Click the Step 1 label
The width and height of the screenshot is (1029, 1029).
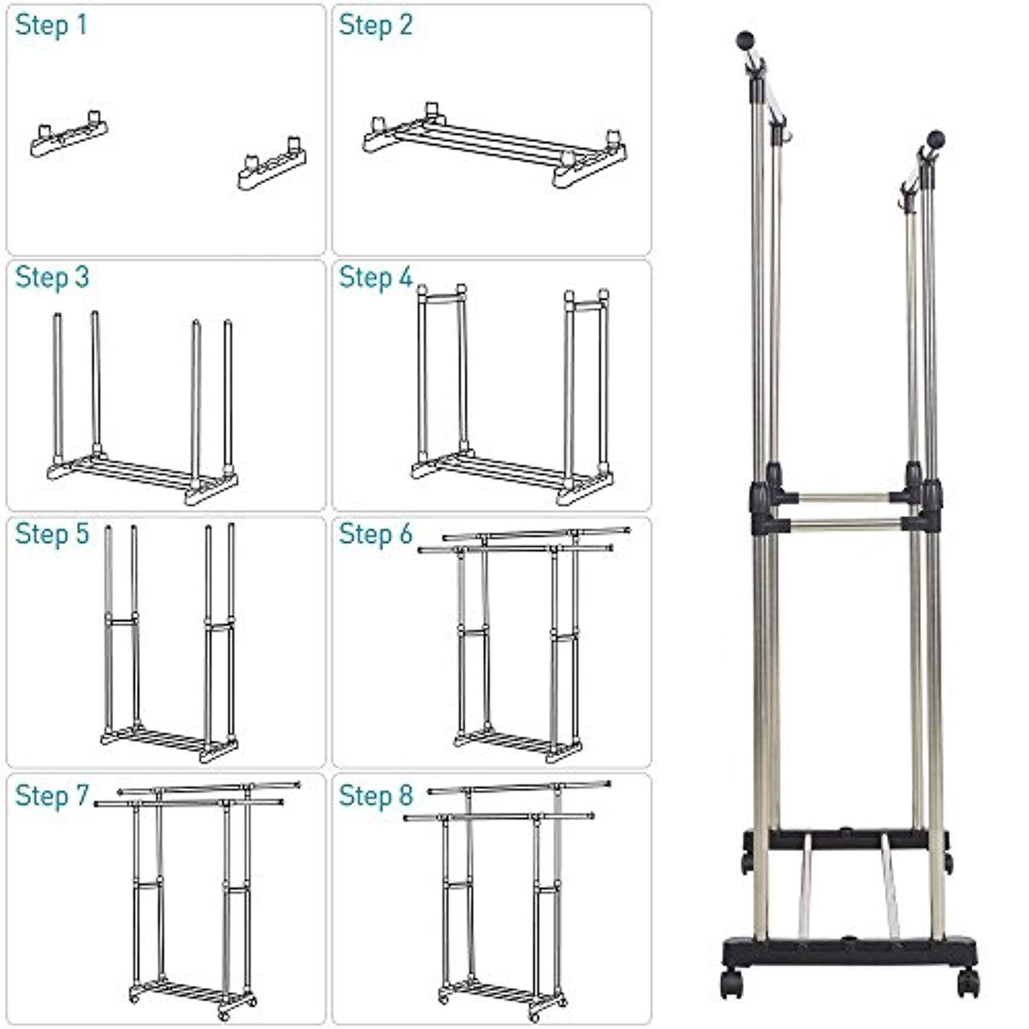(x=51, y=25)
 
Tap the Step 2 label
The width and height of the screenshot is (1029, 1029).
(x=375, y=25)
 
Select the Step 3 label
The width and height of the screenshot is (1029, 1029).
(x=52, y=278)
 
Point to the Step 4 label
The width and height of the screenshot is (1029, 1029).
(x=375, y=278)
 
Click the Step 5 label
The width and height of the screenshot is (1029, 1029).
(x=52, y=534)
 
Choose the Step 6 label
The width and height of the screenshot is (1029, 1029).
(x=375, y=534)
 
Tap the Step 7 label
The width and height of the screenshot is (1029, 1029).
(x=52, y=796)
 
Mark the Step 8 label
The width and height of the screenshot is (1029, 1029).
(x=375, y=796)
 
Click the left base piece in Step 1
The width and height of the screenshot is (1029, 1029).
(x=69, y=136)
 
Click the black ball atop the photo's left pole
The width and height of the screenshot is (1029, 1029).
(x=744, y=40)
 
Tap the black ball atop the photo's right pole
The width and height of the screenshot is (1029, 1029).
(x=936, y=140)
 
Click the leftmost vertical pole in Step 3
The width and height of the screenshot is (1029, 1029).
(x=58, y=388)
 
